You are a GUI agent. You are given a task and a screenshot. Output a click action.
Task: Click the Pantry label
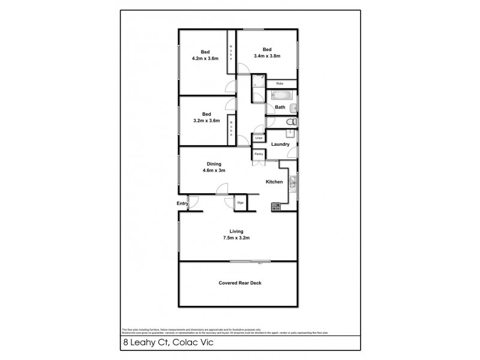pos(259,154)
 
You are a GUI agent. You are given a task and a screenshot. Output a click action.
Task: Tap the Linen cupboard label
pos(259,139)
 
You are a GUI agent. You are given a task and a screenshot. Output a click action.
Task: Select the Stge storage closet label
pos(241,203)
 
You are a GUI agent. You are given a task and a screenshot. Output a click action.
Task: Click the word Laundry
pos(280,145)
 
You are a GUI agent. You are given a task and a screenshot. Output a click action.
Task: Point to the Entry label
pos(182,204)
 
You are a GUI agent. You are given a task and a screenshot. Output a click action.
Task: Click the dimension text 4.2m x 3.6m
pos(205,59)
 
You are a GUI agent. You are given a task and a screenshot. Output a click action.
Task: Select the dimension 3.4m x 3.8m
pos(267,56)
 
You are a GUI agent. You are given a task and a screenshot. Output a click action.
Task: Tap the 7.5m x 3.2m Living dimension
pos(235,238)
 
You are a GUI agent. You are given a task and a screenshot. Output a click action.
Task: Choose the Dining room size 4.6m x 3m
pos(214,170)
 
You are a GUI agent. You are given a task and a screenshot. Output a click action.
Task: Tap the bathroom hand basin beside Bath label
pos(292,108)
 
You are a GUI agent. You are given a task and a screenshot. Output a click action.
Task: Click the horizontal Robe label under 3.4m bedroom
pos(279,83)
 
